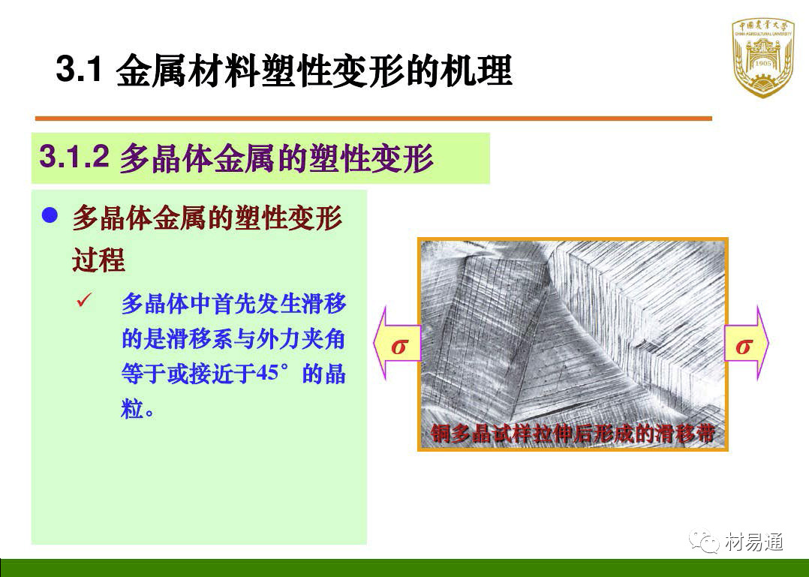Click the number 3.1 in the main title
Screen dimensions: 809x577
point(78,69)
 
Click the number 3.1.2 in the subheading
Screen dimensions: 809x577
point(74,156)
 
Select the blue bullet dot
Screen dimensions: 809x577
point(50,215)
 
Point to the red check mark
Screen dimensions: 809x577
point(84,299)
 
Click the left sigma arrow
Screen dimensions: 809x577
point(397,344)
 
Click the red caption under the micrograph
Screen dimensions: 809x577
point(573,434)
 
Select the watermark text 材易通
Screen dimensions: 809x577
point(753,542)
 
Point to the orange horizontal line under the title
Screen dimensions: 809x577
point(374,119)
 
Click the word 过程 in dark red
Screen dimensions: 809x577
point(98,260)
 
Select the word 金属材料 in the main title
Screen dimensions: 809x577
point(188,70)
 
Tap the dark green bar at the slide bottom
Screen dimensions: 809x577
point(404,568)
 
